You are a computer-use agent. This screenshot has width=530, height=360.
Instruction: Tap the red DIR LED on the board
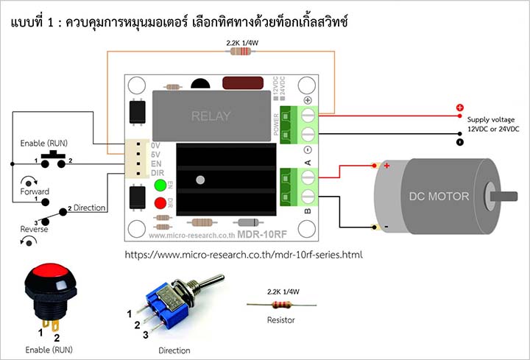click(159, 203)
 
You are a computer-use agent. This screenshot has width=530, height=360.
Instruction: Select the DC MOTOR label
click(439, 196)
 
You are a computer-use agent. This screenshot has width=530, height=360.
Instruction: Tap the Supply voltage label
click(492, 119)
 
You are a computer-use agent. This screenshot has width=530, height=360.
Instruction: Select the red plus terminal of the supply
click(460, 107)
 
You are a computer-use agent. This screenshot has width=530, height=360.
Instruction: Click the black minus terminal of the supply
click(460, 140)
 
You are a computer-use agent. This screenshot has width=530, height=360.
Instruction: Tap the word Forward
click(35, 191)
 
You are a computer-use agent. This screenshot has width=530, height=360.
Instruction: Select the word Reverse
click(35, 229)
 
